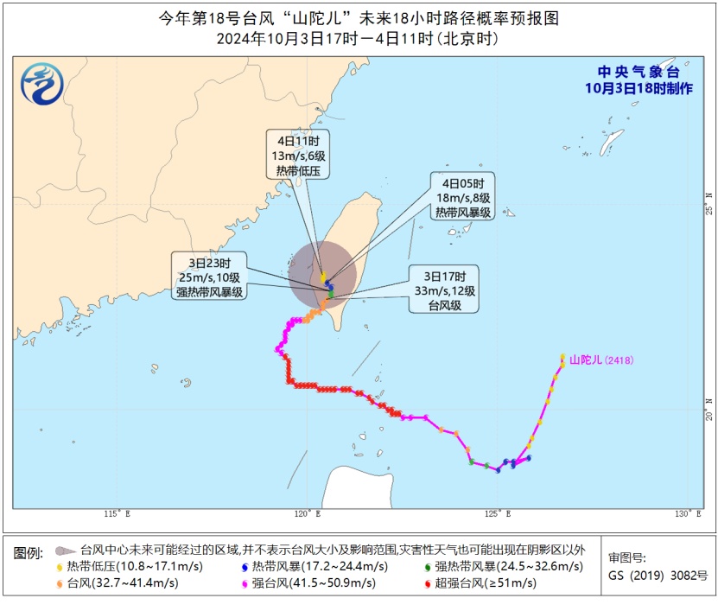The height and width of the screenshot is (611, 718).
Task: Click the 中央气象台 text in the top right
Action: click(638, 72)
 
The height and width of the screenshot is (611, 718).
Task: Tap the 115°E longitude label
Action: click(118, 516)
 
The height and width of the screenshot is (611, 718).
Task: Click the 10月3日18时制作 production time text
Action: click(638, 88)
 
